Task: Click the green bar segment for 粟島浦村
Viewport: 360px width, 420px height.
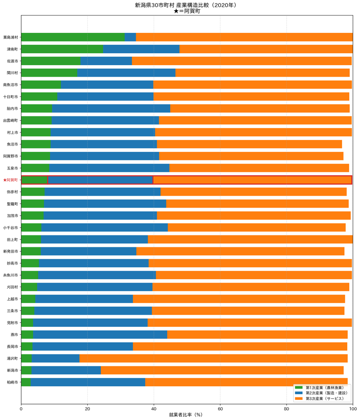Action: tap(73, 37)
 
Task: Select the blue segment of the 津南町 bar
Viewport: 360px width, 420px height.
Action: tap(141, 49)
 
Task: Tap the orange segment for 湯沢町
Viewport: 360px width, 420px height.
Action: tap(214, 358)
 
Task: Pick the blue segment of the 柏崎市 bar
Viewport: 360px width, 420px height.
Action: tap(88, 382)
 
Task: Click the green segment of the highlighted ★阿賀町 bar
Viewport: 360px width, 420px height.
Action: tap(34, 180)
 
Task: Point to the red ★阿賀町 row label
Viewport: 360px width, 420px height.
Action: tap(10, 180)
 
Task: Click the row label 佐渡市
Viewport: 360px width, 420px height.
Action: tap(13, 61)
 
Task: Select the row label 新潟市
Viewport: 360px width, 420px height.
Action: tap(13, 370)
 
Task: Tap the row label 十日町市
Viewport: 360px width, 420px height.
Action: tap(11, 97)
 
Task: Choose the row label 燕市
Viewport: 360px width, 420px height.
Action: tap(14, 335)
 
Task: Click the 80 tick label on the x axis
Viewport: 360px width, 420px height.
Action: tap(286, 409)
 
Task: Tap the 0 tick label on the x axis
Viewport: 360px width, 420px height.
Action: tap(21, 409)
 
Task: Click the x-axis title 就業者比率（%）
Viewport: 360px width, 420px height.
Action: tap(186, 415)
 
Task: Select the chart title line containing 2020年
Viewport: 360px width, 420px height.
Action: tap(186, 5)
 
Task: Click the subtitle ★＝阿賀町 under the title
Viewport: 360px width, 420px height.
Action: tap(187, 11)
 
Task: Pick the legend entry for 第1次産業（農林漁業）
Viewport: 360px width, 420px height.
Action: tap(319, 388)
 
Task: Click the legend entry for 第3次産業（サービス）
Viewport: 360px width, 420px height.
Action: tap(319, 399)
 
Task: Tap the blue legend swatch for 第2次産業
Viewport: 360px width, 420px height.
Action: tap(298, 393)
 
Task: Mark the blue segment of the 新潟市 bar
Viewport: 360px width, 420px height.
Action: tap(66, 370)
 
